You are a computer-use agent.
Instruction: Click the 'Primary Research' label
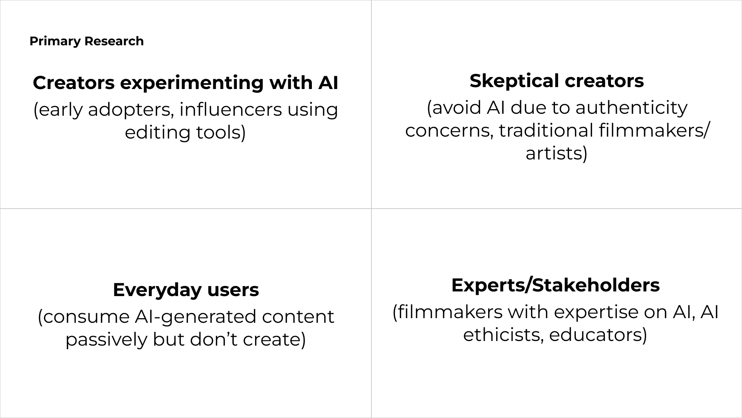(87, 41)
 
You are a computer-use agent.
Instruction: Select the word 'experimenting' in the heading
(192, 83)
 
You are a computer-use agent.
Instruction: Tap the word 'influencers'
(230, 110)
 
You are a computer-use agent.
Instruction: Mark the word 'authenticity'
(631, 108)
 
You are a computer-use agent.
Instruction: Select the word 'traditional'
(546, 130)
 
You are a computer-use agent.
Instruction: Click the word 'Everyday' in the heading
(157, 290)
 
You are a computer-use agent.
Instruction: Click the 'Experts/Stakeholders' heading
(555, 285)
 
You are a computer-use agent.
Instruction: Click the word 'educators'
(595, 335)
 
